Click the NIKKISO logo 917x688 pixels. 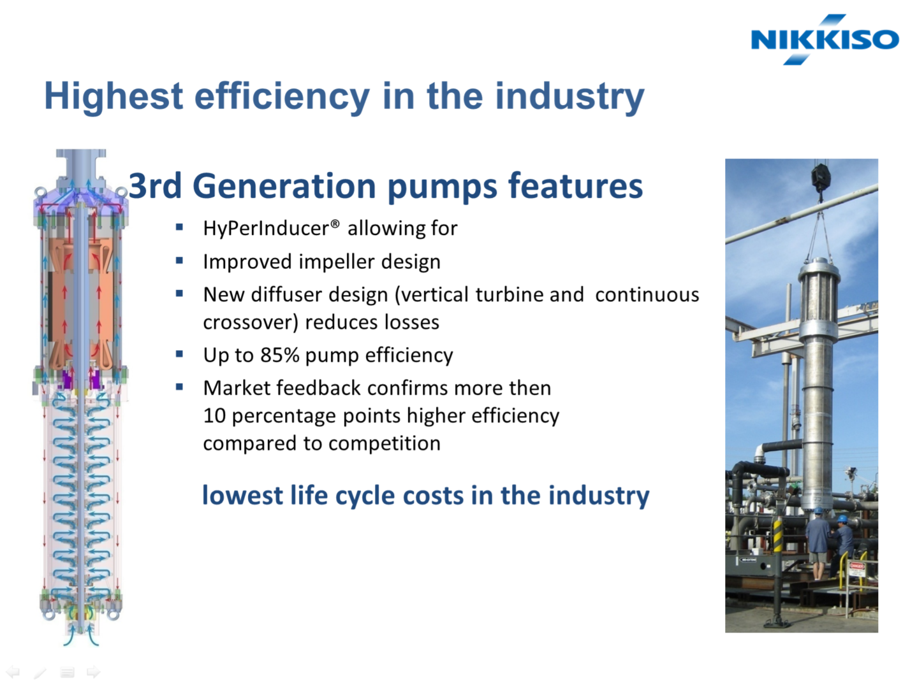pyautogui.click(x=825, y=39)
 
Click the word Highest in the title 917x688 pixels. pyautogui.click(x=114, y=96)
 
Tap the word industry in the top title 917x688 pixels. pyautogui.click(x=570, y=97)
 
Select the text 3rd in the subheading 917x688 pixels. pyautogui.click(x=155, y=185)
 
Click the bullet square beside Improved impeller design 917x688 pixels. pyautogui.click(x=180, y=261)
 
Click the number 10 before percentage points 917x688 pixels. pyautogui.click(x=214, y=415)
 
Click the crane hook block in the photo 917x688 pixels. pyautogui.click(x=821, y=176)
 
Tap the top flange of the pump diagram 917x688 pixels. pyautogui.click(x=81, y=153)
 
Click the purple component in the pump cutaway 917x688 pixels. pyautogui.click(x=67, y=378)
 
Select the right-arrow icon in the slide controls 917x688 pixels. pyautogui.click(x=93, y=671)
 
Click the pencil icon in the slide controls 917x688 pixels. pyautogui.click(x=40, y=672)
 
